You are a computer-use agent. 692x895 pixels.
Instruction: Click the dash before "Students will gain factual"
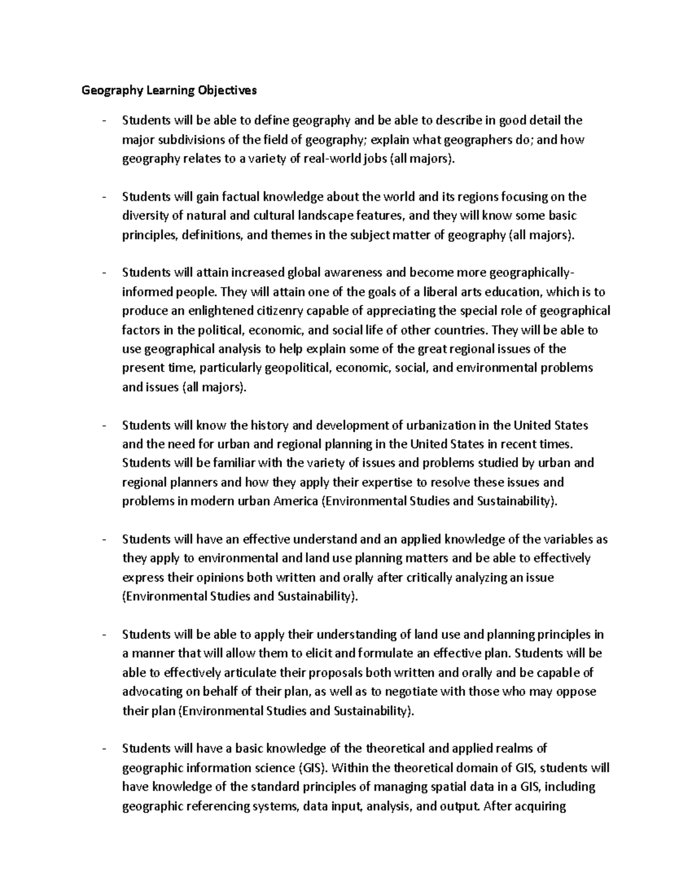point(103,197)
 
